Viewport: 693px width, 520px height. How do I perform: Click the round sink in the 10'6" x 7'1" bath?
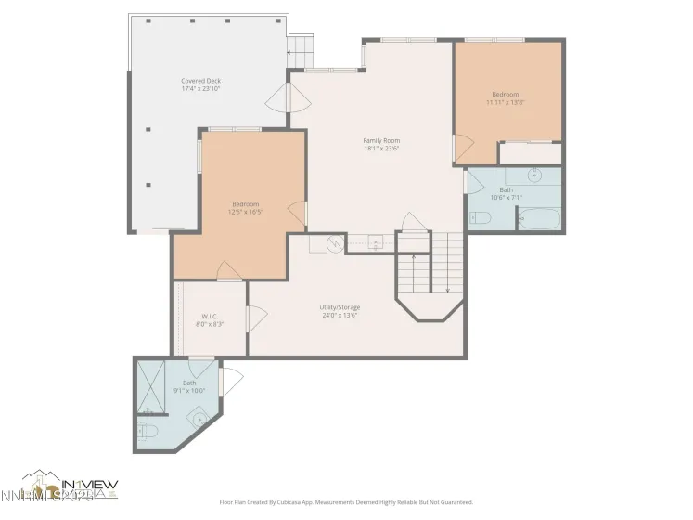[x=536, y=175]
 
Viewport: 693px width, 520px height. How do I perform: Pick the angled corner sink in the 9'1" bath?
[x=198, y=418]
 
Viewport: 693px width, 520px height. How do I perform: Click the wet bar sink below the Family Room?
[x=375, y=243]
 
